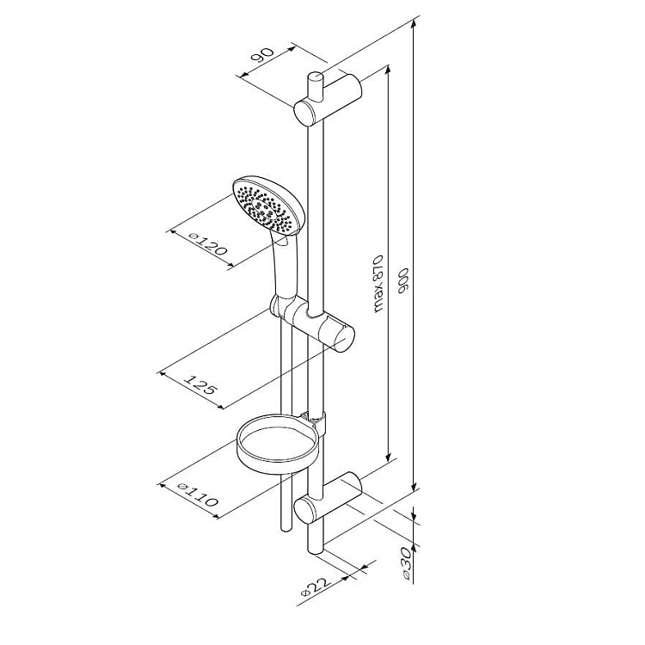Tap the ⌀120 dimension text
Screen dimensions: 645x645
pyautogui.click(x=208, y=243)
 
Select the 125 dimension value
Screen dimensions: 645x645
pyautogui.click(x=200, y=384)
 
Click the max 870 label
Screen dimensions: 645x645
pyautogui.click(x=378, y=285)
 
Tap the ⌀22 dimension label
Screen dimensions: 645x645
pyautogui.click(x=316, y=587)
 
